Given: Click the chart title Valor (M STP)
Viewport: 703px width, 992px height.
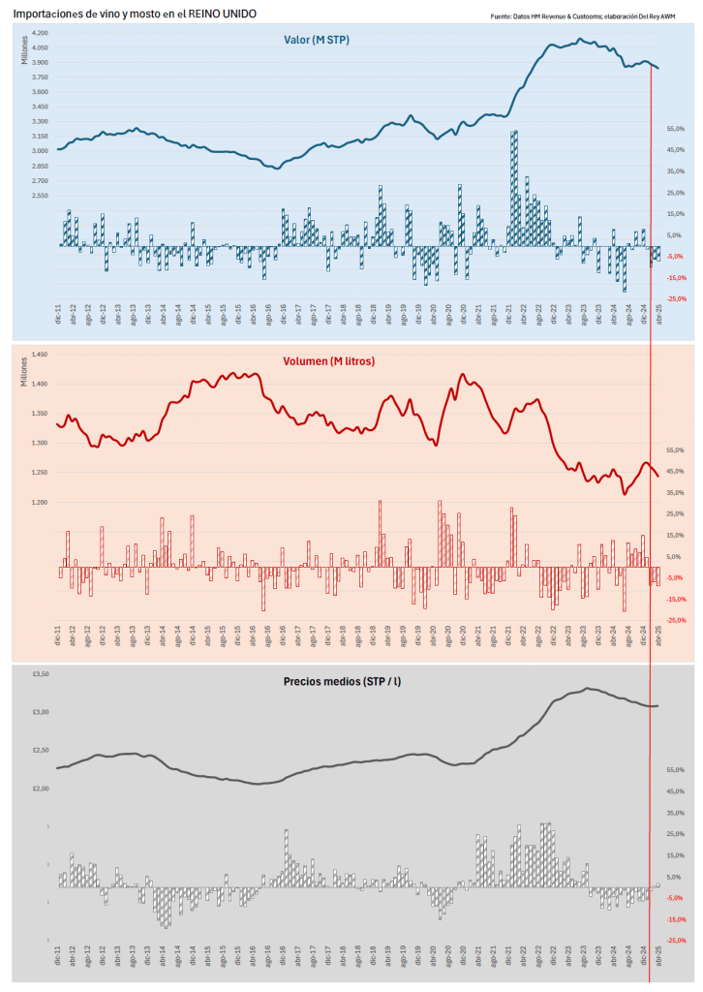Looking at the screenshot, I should pos(318,39).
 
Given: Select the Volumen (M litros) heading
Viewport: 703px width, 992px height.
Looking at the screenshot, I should pos(329,361).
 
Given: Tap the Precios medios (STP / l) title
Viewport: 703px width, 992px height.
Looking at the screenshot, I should pos(343,682).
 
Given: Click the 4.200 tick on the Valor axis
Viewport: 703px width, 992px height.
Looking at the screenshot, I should pos(40,33).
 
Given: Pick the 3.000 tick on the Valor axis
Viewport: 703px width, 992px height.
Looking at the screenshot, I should pos(40,151).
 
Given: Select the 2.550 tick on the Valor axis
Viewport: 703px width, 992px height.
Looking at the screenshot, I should pos(40,196).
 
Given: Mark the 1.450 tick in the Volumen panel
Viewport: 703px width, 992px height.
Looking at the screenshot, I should pos(40,356).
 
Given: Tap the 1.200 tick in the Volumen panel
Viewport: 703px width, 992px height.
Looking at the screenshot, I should pos(40,503).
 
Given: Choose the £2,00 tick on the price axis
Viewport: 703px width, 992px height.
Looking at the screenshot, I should pos(39,789).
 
